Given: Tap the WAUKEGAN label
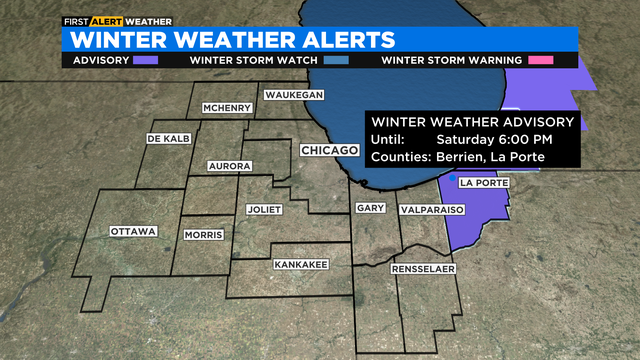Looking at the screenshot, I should (294, 95).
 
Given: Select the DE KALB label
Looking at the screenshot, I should (168, 138).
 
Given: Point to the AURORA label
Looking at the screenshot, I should (228, 165).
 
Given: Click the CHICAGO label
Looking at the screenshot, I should (329, 150).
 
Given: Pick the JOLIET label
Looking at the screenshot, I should (265, 210).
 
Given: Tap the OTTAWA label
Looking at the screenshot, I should (134, 232).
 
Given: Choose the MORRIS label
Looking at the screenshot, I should (204, 235).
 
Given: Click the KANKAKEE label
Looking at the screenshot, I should (299, 265).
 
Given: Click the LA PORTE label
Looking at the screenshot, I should (484, 184).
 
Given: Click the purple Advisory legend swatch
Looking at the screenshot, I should (146, 60).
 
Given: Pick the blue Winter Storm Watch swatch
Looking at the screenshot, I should (336, 60).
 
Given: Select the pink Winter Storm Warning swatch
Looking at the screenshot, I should (543, 60).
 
